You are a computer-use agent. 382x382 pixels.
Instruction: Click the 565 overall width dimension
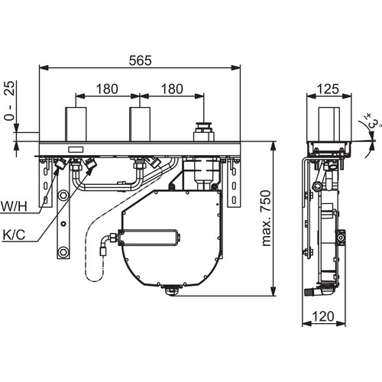[140, 60]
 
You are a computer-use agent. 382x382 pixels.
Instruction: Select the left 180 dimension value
[107, 89]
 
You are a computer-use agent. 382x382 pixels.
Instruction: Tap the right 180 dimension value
[172, 89]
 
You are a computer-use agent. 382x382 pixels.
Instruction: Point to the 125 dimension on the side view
[329, 89]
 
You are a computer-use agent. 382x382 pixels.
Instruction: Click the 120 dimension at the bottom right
[322, 316]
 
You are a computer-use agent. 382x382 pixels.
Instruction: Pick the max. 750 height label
[266, 218]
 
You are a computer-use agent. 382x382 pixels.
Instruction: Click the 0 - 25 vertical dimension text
[10, 101]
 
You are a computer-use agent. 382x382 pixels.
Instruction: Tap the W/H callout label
[14, 206]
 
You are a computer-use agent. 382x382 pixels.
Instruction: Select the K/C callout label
[14, 235]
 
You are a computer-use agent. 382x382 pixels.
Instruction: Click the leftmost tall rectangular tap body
[76, 124]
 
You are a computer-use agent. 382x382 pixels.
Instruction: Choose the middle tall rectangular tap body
[140, 124]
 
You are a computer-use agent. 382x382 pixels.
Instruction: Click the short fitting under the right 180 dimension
[203, 131]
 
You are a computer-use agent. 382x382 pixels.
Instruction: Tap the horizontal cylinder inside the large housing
[149, 238]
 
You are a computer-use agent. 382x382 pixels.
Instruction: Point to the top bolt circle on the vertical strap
[63, 196]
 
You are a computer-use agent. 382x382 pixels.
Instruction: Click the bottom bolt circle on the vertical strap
[63, 253]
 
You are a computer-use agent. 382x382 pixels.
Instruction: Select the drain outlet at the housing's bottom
[172, 291]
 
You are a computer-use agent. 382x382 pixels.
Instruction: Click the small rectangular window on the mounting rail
[76, 150]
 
